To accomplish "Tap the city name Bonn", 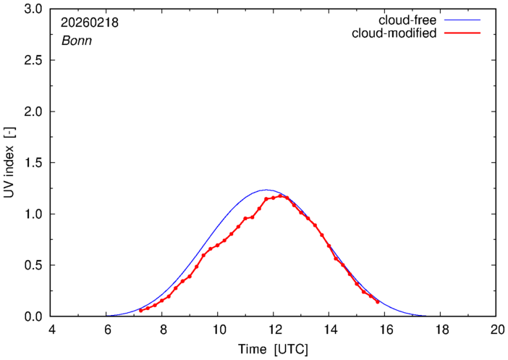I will click(x=76, y=41).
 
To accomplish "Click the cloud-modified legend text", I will click(x=394, y=33).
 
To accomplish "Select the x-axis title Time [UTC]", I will click(x=274, y=349).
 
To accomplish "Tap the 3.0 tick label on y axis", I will click(x=34, y=9).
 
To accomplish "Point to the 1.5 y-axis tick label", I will click(x=34, y=163).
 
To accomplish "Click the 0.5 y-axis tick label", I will click(x=34, y=265).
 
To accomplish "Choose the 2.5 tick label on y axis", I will click(x=34, y=61).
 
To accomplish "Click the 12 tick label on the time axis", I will click(x=274, y=330).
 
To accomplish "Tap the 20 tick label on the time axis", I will click(x=496, y=330).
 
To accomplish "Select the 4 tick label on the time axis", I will click(x=51, y=330).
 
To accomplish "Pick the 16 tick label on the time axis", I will click(x=385, y=330).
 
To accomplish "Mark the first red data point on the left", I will click(x=140, y=310).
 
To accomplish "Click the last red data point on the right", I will click(x=378, y=302).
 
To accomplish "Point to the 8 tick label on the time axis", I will click(x=163, y=330).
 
